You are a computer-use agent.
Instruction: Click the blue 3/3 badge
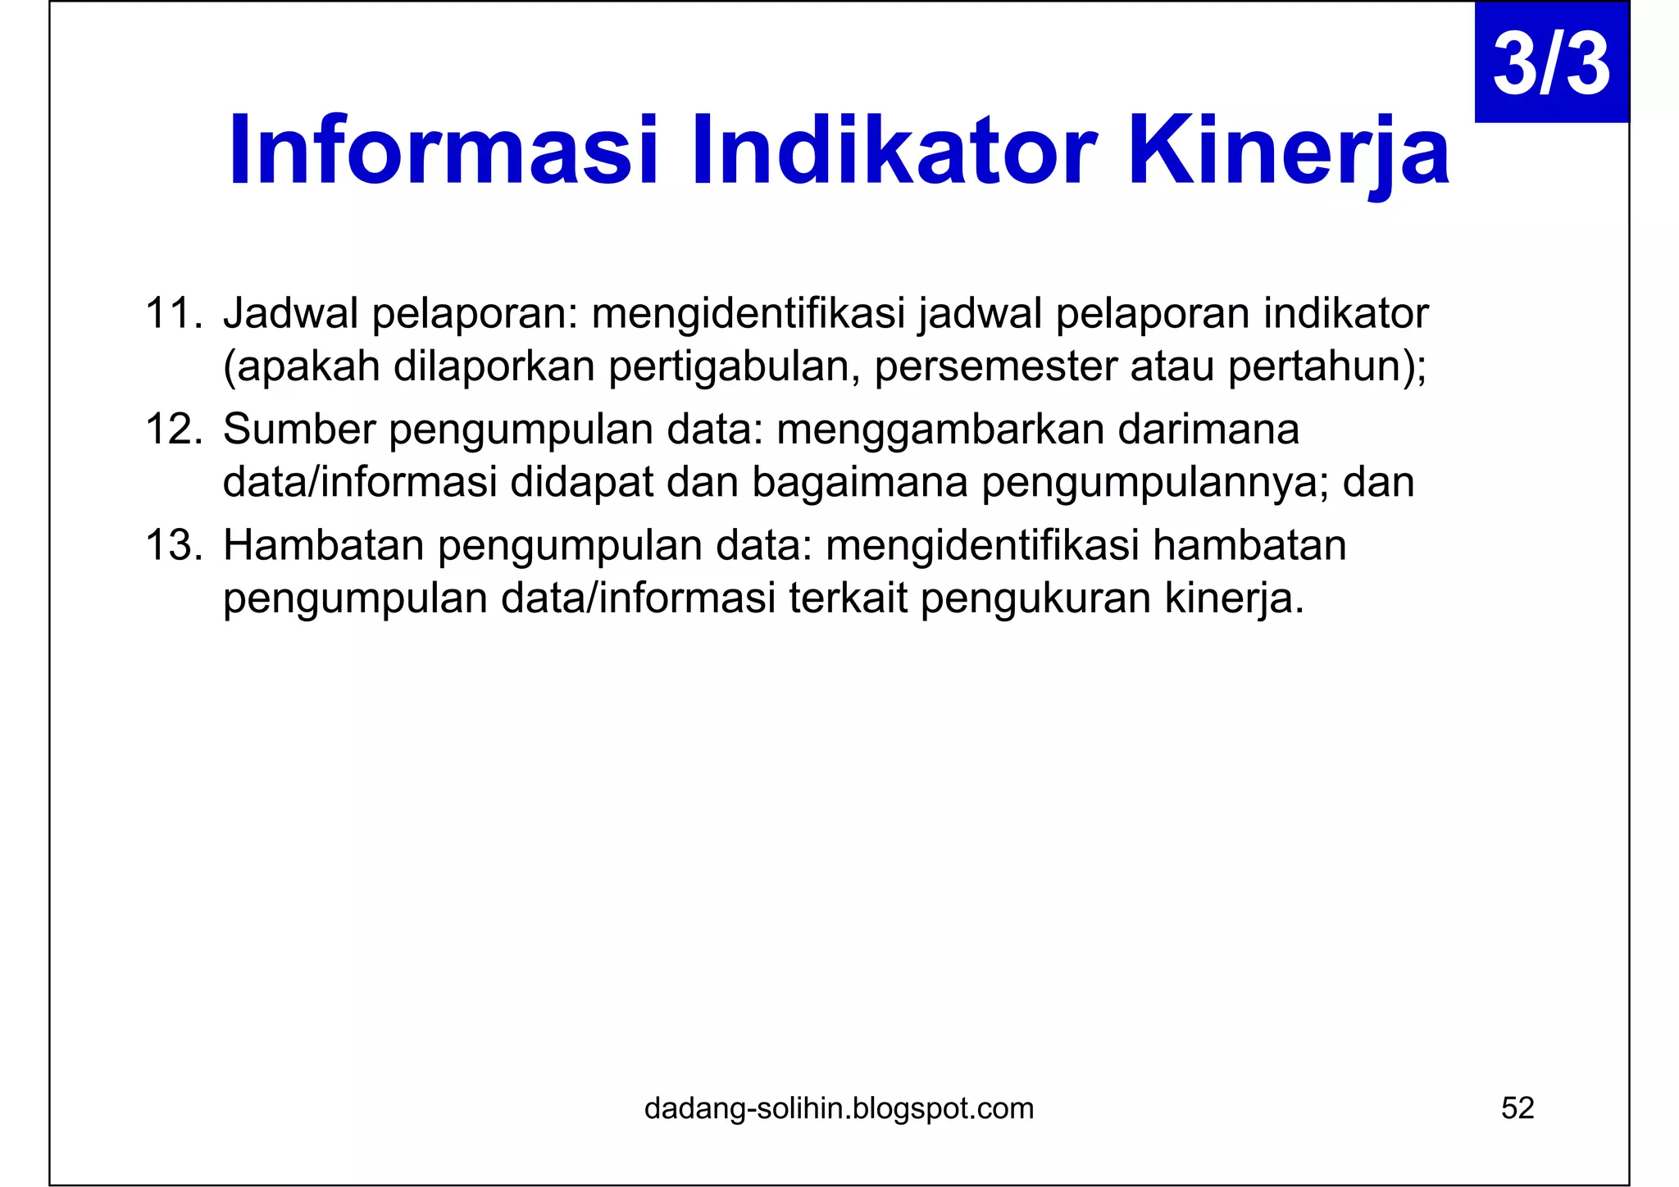coord(1551,64)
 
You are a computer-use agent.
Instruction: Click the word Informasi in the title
coord(443,152)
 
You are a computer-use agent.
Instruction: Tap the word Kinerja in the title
coord(1289,152)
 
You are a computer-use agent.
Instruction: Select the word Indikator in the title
coord(894,152)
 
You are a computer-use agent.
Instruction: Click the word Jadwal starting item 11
coord(291,314)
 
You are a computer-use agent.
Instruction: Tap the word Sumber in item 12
coord(299,430)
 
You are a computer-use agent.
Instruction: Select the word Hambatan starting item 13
coord(324,546)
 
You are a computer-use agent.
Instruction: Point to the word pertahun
coord(1318,366)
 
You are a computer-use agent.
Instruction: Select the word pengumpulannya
coord(1156,483)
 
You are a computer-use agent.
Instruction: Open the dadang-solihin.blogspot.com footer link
coord(839,1108)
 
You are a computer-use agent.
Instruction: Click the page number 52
coord(1517,1108)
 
